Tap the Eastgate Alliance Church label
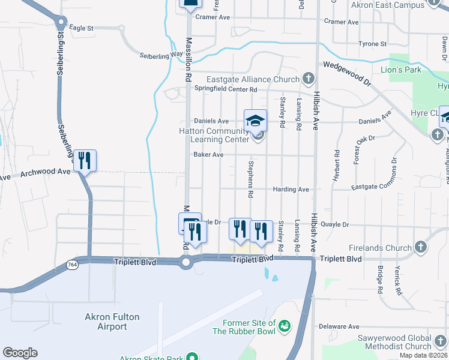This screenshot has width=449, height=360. (253, 79)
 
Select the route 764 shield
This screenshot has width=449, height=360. (73, 264)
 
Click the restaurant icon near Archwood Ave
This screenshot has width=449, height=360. (85, 160)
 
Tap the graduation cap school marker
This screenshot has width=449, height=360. (255, 120)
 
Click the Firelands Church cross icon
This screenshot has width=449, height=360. (421, 247)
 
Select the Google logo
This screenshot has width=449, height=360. (20, 353)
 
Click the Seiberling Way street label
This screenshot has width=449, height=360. (161, 54)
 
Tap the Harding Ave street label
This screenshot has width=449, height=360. (291, 190)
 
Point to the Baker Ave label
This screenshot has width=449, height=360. (208, 155)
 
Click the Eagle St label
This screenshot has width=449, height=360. (82, 28)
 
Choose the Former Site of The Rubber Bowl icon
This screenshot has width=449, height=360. (285, 326)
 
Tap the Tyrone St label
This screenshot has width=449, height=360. (372, 44)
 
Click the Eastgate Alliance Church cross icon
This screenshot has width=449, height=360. (308, 79)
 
